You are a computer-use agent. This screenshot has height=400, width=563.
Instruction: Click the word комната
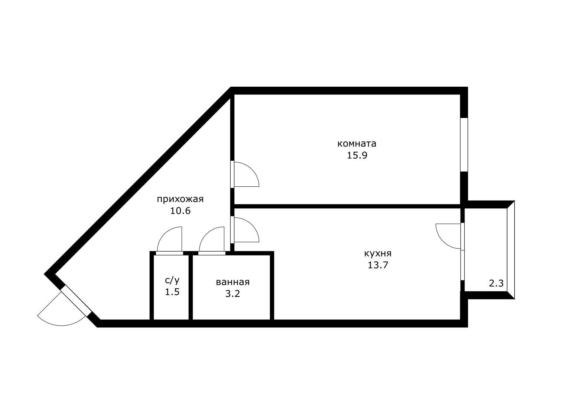(x=357, y=144)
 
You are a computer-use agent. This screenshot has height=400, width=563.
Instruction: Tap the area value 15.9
(x=357, y=156)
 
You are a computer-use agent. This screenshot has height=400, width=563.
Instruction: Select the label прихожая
(x=180, y=199)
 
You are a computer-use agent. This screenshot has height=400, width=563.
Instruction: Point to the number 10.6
(x=180, y=211)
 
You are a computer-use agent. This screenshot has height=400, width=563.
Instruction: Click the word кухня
(x=378, y=254)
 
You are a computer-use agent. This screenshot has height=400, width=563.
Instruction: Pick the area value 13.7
(x=378, y=265)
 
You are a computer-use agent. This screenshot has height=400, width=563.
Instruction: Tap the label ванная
(x=233, y=282)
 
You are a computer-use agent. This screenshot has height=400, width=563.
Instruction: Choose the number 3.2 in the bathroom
(x=232, y=294)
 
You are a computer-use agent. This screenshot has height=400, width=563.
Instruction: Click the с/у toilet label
(x=172, y=280)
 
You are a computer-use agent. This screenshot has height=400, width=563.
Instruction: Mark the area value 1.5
(x=172, y=292)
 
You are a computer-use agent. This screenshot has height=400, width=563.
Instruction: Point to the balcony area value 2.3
(x=497, y=284)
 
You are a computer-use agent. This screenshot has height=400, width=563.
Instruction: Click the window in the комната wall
(x=464, y=145)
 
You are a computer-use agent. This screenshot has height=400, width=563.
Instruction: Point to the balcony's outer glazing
(x=511, y=250)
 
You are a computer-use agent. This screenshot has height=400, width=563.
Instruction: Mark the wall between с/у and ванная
(x=191, y=287)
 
